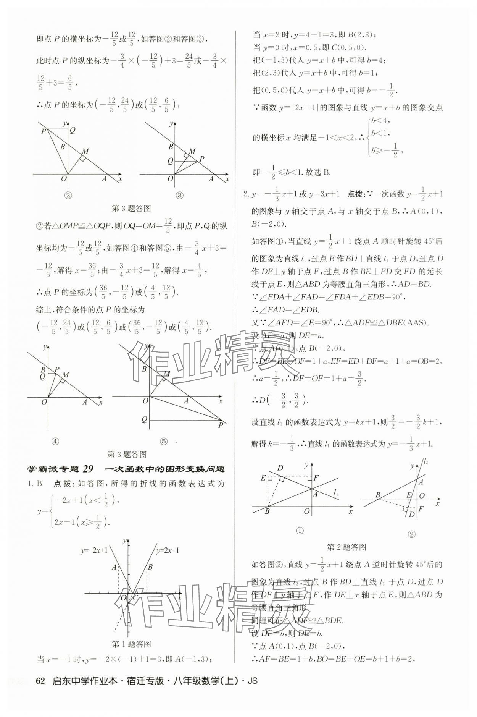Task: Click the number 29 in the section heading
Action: [88, 469]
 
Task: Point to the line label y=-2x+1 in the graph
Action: [94, 550]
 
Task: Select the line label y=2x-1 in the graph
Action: [168, 550]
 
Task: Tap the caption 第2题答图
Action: [347, 547]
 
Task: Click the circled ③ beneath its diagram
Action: [179, 196]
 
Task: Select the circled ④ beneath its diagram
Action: [55, 441]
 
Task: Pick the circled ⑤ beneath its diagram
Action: [164, 441]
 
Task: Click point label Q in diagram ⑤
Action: [144, 419]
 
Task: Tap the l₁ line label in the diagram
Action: [336, 493]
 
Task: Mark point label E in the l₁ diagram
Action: [263, 477]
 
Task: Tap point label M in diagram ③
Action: [192, 151]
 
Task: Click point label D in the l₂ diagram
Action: [411, 515]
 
